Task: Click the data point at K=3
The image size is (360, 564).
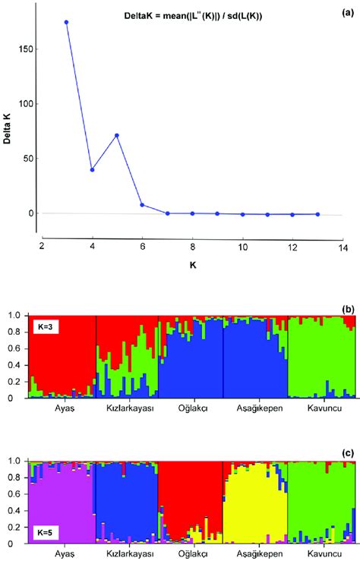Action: pos(67,22)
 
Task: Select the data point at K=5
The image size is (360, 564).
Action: pos(117,136)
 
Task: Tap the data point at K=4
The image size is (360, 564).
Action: pos(92,169)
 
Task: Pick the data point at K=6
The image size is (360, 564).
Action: pos(142,205)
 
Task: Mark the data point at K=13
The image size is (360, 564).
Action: pos(317,214)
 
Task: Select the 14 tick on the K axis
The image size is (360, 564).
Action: pos(343,247)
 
